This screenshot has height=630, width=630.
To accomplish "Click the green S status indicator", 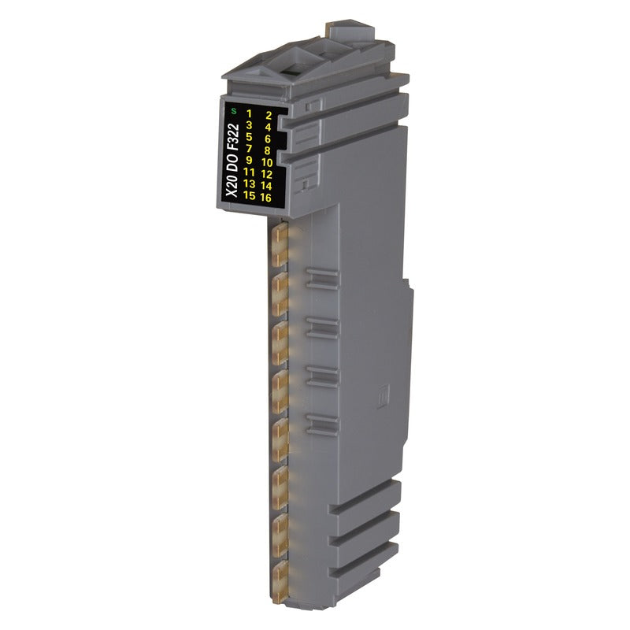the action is (233, 110).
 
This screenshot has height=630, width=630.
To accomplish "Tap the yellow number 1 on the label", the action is (249, 113).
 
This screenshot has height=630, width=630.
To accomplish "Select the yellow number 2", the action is (269, 116).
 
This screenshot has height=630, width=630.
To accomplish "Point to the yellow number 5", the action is (249, 137).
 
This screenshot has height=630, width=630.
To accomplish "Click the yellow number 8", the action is (267, 151).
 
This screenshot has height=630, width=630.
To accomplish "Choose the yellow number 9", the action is (249, 161).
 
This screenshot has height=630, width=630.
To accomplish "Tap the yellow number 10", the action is (267, 163).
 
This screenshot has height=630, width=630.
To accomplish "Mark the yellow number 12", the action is (266, 174).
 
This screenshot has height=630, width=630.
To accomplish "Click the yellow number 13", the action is (249, 183).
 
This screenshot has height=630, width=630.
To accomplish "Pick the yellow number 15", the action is (249, 195).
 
